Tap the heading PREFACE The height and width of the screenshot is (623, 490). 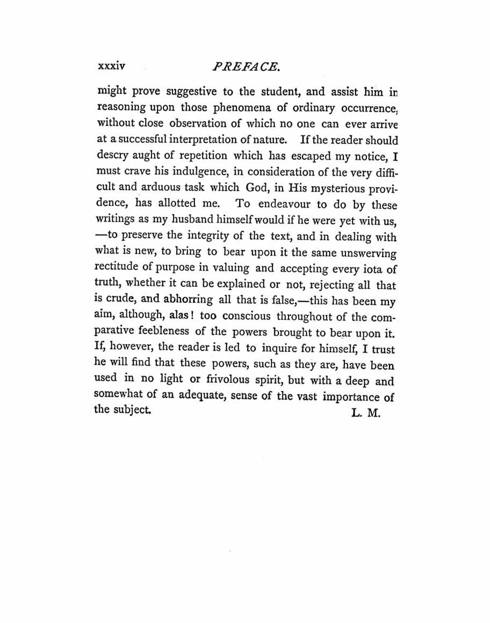click(x=246, y=67)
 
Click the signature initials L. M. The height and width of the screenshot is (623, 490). click(x=365, y=414)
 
